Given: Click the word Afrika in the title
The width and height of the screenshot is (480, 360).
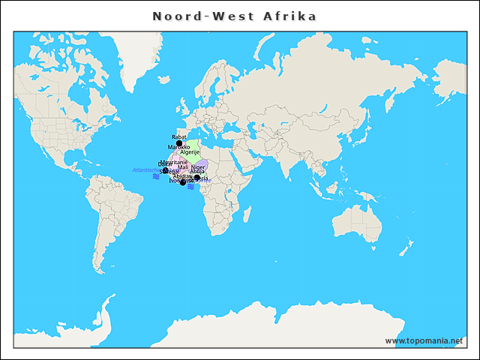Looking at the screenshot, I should [289, 16].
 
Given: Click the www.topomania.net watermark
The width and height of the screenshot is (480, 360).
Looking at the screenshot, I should [424, 340].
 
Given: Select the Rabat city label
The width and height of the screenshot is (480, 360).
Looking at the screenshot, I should [178, 137].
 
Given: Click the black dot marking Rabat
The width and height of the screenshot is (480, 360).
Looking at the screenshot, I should [179, 143].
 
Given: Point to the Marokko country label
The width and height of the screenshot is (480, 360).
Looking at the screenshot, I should [178, 147].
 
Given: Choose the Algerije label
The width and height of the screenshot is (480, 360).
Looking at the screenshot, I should [190, 152].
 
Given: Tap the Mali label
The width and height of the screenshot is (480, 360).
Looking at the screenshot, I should [183, 167].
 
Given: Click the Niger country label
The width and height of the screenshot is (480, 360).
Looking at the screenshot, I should [197, 167].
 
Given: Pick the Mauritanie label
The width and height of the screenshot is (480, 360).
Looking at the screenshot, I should [174, 161].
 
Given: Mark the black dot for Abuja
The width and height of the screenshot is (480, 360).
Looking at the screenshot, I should [197, 178].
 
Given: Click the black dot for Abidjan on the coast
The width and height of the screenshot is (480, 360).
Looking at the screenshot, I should [182, 182].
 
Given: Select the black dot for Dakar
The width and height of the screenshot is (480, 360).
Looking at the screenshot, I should [166, 170].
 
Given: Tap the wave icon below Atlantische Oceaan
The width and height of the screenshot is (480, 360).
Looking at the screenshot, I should [155, 177].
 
